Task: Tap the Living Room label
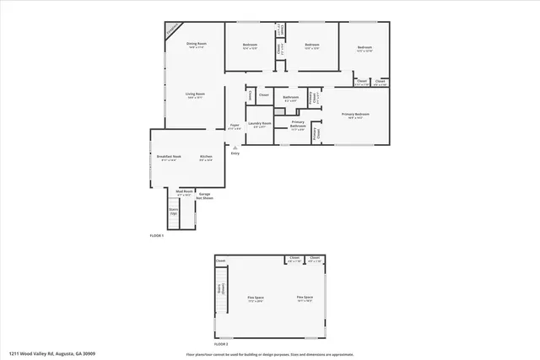pyautogui.click(x=196, y=96)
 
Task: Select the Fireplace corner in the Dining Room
pyautogui.click(x=172, y=29)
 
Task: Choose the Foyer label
pyautogui.click(x=235, y=126)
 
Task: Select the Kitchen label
pyautogui.click(x=206, y=158)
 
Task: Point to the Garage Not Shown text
pyautogui.click(x=204, y=196)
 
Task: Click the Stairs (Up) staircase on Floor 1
pyautogui.click(x=174, y=211)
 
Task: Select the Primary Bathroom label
pyautogui.click(x=298, y=124)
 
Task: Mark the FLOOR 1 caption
pyautogui.click(x=157, y=234)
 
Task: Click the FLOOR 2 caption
pyautogui.click(x=221, y=344)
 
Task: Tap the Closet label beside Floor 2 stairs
pyautogui.click(x=220, y=261)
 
